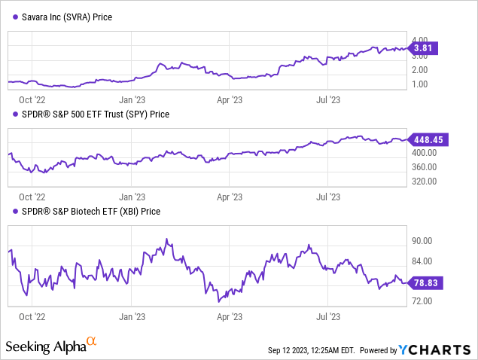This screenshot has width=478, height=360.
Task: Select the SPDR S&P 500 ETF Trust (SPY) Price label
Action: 92,114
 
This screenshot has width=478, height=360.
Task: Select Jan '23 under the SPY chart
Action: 133,196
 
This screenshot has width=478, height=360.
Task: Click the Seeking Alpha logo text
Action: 44,347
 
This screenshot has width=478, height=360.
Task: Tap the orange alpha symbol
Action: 91,343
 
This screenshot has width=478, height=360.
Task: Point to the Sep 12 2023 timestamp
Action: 310,351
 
